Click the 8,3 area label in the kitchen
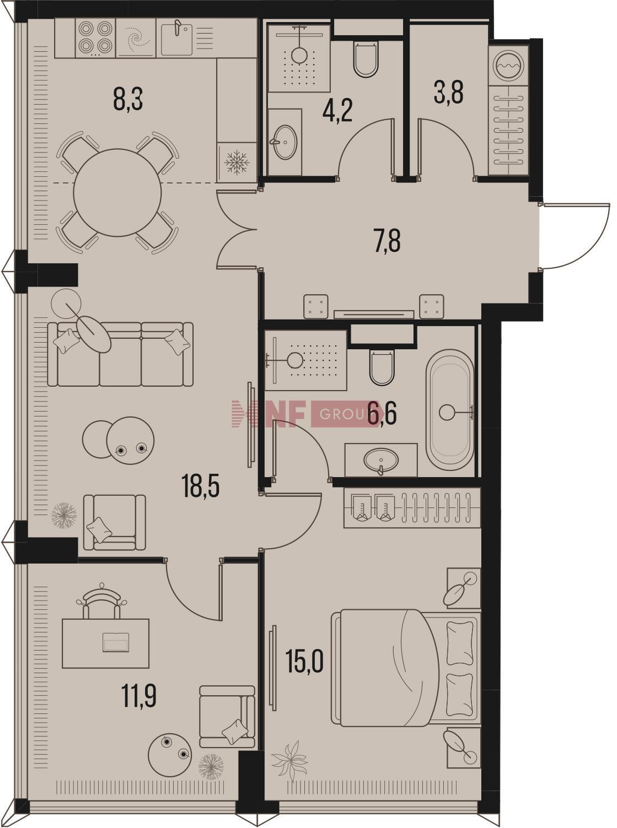128,99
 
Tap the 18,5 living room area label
201,486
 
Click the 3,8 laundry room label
449,93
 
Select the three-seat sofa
120,354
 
